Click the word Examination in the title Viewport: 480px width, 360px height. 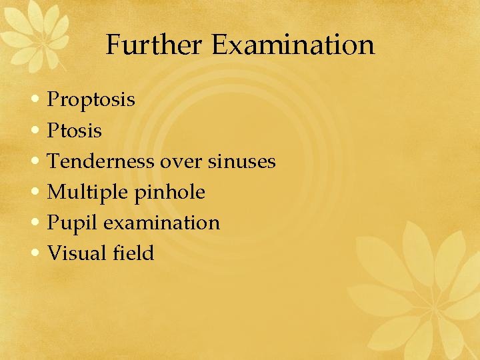coord(293,45)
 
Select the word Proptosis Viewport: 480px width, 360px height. coord(91,100)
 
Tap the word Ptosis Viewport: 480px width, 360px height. coord(75,131)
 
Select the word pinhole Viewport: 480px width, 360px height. coord(169,193)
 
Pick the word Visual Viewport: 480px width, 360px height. coord(76,253)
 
